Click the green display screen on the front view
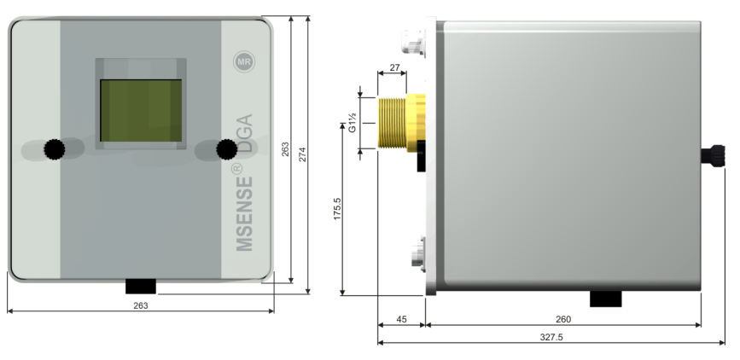141,111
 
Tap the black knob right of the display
226,149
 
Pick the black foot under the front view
141,285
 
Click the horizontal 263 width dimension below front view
141,305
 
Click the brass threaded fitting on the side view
401,124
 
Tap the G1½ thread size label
352,124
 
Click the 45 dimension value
401,319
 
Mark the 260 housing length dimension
563,319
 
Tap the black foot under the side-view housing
606,299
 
